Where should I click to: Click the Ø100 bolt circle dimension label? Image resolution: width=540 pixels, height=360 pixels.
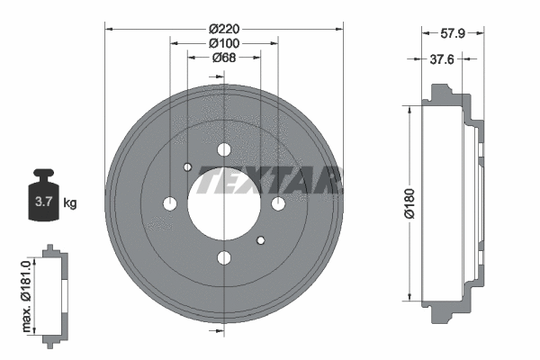point(223,43)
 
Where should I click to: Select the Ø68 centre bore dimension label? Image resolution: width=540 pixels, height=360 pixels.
point(224,58)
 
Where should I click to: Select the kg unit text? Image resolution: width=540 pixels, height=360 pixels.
point(70,202)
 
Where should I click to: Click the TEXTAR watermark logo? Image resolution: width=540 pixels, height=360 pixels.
point(270,180)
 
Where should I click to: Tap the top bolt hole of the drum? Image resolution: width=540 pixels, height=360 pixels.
point(224,149)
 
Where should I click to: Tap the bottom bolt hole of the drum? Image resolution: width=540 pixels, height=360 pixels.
point(224,259)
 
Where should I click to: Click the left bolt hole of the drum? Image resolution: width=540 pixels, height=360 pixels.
point(170,204)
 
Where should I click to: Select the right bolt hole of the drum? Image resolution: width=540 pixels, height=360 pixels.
point(278,203)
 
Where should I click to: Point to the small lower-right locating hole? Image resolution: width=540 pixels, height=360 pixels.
point(261,239)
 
